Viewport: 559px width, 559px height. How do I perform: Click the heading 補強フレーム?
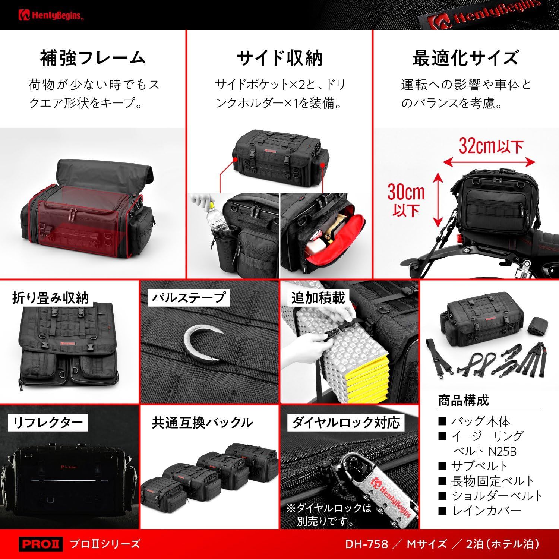[x=92, y=58]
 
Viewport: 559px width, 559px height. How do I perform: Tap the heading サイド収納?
[x=279, y=58]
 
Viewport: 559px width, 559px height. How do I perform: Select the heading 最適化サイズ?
[x=465, y=58]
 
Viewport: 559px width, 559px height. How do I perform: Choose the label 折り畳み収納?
[x=51, y=298]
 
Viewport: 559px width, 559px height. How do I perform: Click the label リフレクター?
[x=48, y=423]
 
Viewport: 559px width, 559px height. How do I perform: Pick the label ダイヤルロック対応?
[x=346, y=423]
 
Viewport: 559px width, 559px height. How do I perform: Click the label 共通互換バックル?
[x=202, y=423]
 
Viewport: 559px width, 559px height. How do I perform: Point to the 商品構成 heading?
[x=463, y=401]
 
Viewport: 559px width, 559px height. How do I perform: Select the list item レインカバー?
[x=486, y=511]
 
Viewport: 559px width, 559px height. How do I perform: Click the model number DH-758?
[x=367, y=544]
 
